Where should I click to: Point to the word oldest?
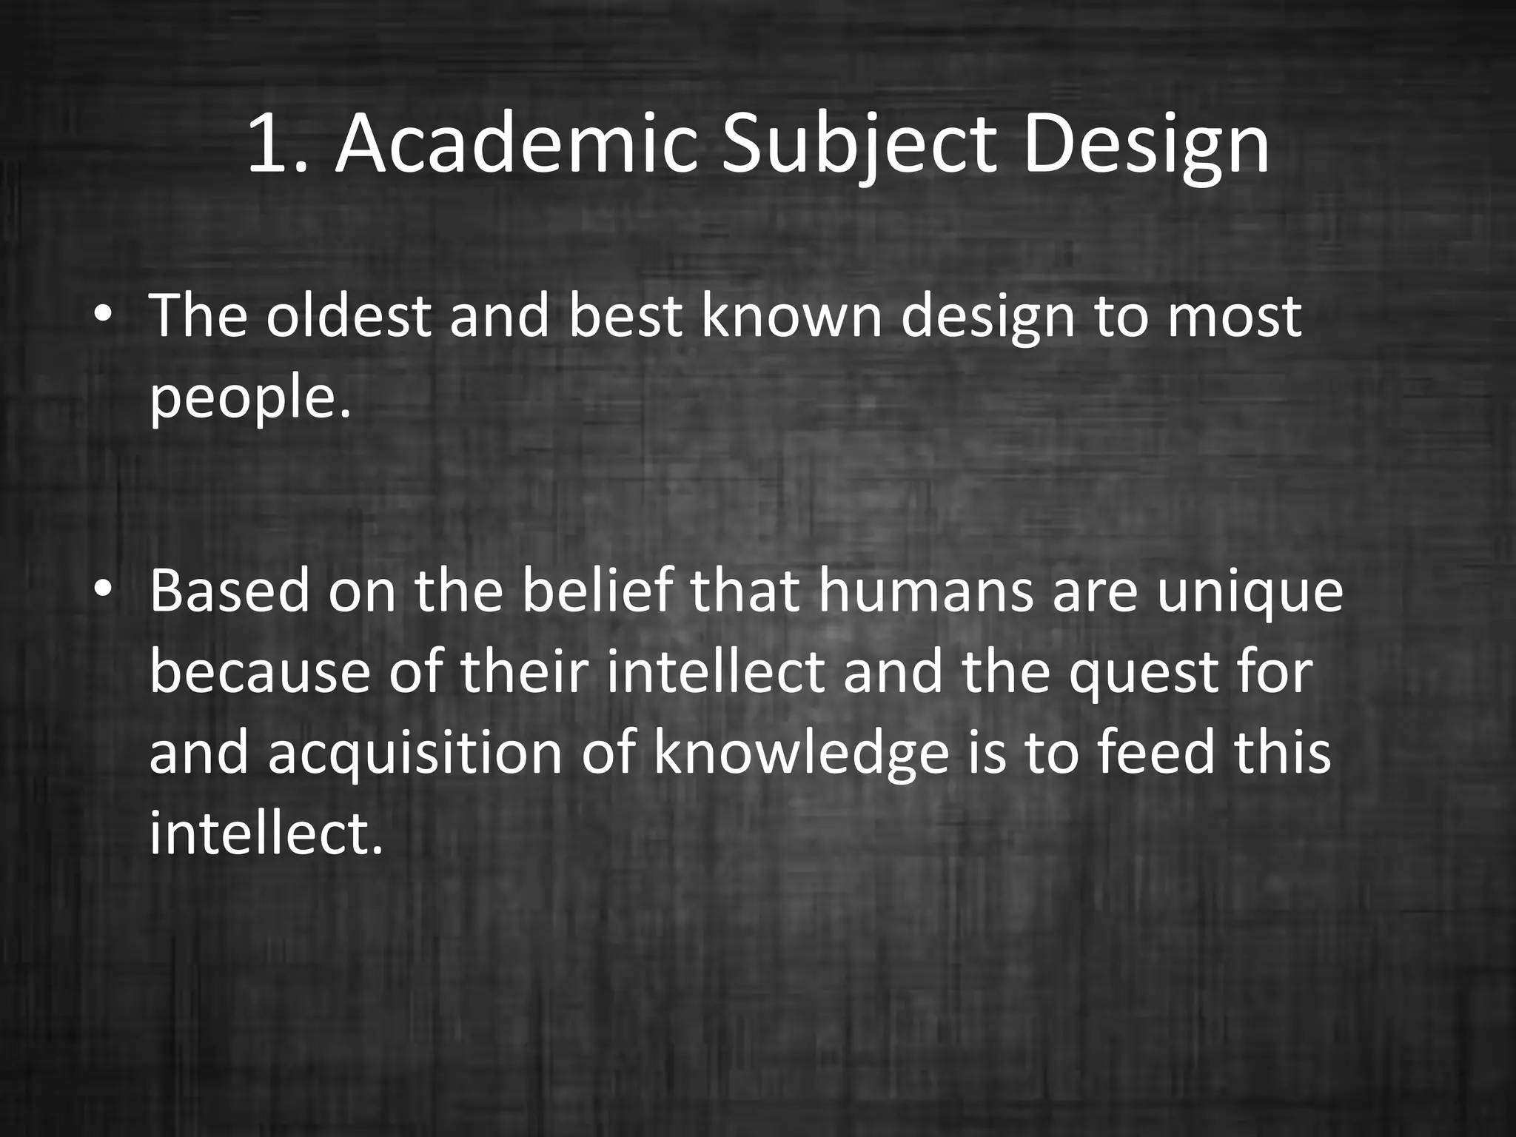point(348,316)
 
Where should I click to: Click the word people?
point(249,398)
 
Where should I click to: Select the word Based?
point(229,591)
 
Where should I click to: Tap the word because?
point(260,672)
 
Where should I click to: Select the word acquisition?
point(415,754)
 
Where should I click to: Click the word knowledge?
point(800,754)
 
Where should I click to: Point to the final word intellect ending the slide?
point(265,834)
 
